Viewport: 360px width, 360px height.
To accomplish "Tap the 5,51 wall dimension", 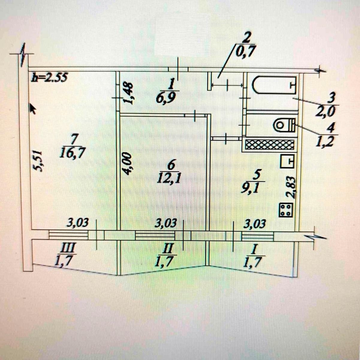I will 38,162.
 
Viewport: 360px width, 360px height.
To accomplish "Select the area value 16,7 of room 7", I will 71,153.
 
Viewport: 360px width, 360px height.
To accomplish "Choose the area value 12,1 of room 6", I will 169,179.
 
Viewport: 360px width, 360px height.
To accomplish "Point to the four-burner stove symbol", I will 287,210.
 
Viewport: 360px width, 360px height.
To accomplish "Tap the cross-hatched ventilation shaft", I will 269,145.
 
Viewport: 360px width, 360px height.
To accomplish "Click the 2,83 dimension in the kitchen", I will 291,187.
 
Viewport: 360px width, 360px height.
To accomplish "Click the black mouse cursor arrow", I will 32,108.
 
